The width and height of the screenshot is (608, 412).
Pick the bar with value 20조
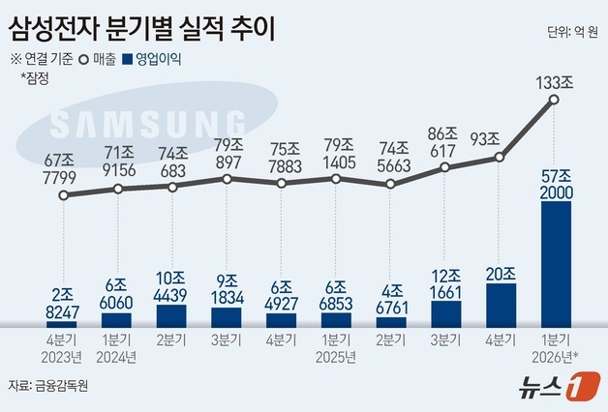point(501,304)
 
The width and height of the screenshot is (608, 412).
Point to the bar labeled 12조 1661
point(445,312)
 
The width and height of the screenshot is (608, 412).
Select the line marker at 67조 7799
point(63,195)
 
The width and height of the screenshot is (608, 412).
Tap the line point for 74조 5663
point(390,183)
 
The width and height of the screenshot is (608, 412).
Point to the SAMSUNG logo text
point(145,125)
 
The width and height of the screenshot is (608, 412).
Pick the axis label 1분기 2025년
point(336,348)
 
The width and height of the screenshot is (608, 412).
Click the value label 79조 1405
point(336,154)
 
